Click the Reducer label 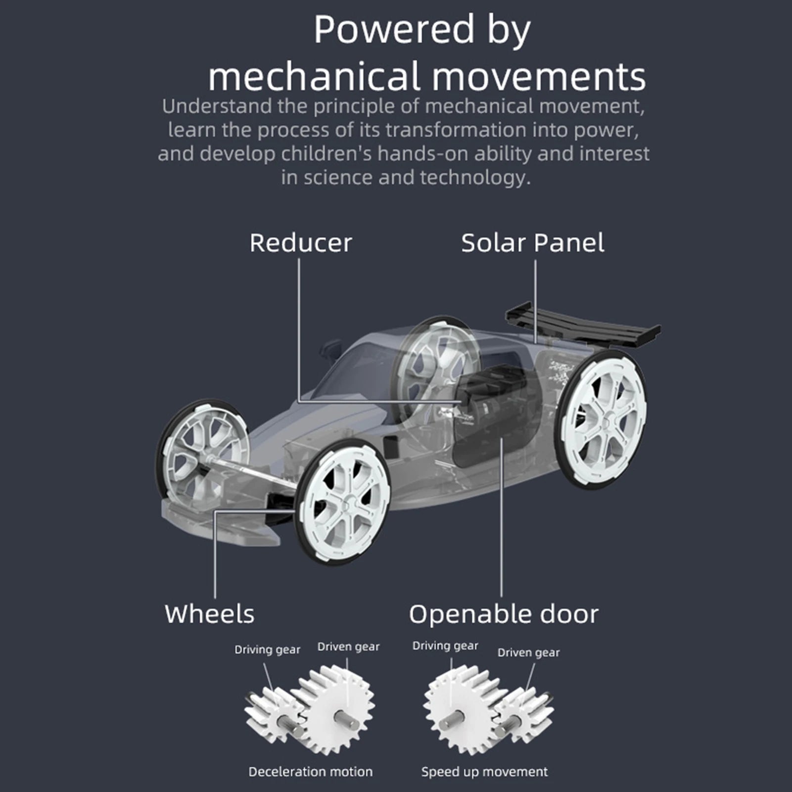coord(300,243)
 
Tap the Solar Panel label coord(532,243)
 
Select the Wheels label coord(209,614)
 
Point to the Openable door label coord(504,614)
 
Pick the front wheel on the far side coord(203,450)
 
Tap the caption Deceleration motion coord(311,772)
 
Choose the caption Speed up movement coord(484,772)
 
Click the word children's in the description coord(326,154)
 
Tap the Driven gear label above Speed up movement coord(528,653)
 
